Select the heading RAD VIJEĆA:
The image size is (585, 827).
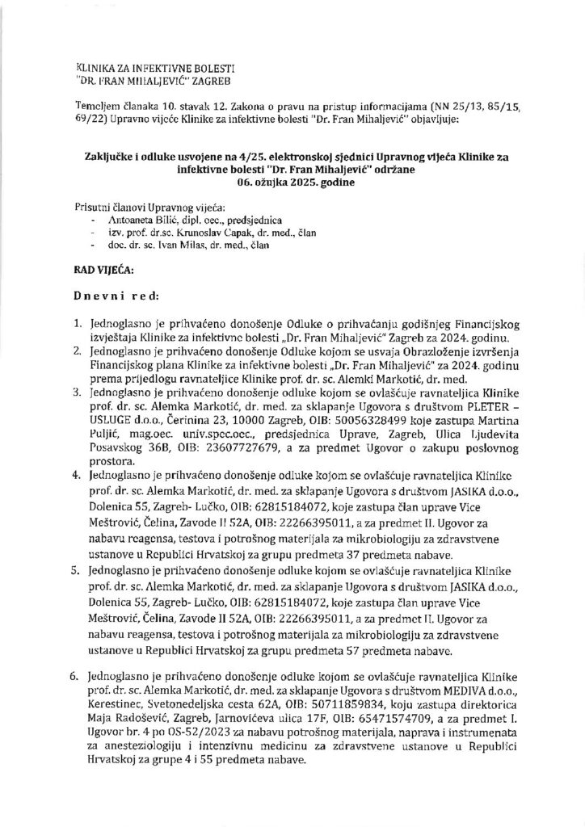click(108, 264)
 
